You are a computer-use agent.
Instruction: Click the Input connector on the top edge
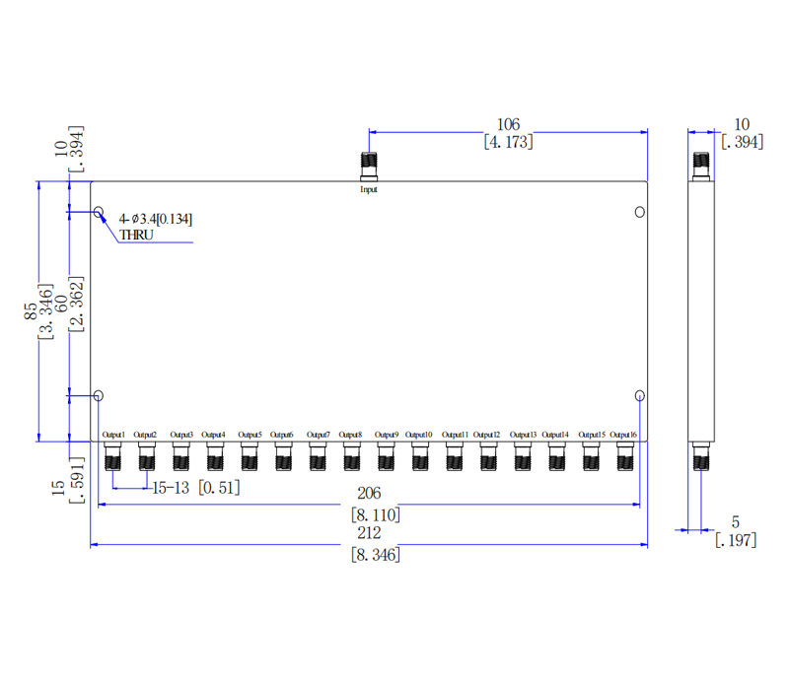click(370, 166)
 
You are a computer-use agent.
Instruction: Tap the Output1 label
click(113, 435)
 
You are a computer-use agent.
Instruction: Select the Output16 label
click(623, 435)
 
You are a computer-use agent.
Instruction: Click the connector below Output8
click(351, 456)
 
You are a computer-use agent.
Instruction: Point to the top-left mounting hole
click(99, 212)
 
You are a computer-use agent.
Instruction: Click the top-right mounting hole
click(640, 212)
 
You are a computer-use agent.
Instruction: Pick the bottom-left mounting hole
click(99, 396)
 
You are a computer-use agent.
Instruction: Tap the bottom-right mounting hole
click(640, 396)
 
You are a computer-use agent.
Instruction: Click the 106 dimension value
click(508, 124)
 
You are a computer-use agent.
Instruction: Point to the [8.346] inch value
click(376, 555)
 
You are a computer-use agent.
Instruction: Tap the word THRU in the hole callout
click(136, 235)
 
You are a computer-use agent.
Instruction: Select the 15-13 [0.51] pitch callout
click(194, 486)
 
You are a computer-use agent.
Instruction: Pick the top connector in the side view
click(701, 165)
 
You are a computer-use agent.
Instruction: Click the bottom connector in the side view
click(701, 456)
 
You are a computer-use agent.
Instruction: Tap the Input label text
click(369, 189)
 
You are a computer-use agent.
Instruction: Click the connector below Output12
click(487, 456)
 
